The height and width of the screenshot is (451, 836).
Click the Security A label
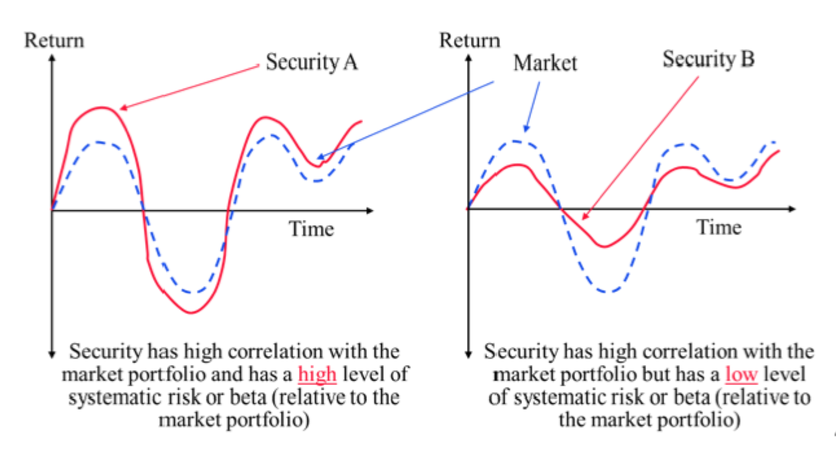[312, 63]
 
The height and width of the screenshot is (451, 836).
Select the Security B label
[708, 60]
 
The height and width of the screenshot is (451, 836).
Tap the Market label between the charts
[545, 64]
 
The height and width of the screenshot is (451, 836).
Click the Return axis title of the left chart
[54, 40]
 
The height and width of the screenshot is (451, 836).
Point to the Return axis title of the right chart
[470, 40]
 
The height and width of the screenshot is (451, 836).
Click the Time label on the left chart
[311, 229]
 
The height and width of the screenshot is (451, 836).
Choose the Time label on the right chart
[719, 227]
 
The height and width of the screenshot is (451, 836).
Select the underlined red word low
[741, 375]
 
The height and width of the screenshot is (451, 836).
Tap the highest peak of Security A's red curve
[101, 107]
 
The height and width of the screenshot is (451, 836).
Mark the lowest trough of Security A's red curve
[191, 313]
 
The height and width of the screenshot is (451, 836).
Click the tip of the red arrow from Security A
[121, 109]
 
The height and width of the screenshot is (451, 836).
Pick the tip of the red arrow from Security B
[584, 220]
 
